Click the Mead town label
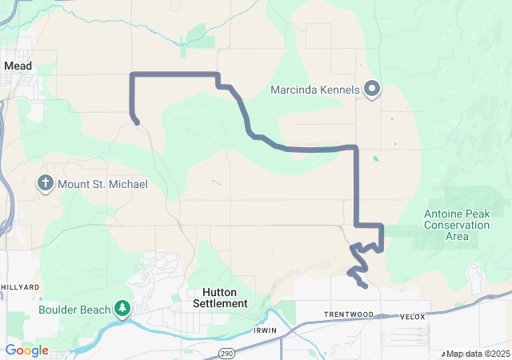pyautogui.click(x=17, y=66)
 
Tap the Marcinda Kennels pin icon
pyautogui.click(x=372, y=90)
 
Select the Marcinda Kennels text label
pyautogui.click(x=315, y=90)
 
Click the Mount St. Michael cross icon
pyautogui.click(x=46, y=185)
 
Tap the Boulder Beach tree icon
pyautogui.click(x=122, y=308)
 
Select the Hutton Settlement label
pyautogui.click(x=220, y=298)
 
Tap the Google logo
pyautogui.click(x=26, y=350)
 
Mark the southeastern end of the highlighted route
pyautogui.click(x=365, y=286)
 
